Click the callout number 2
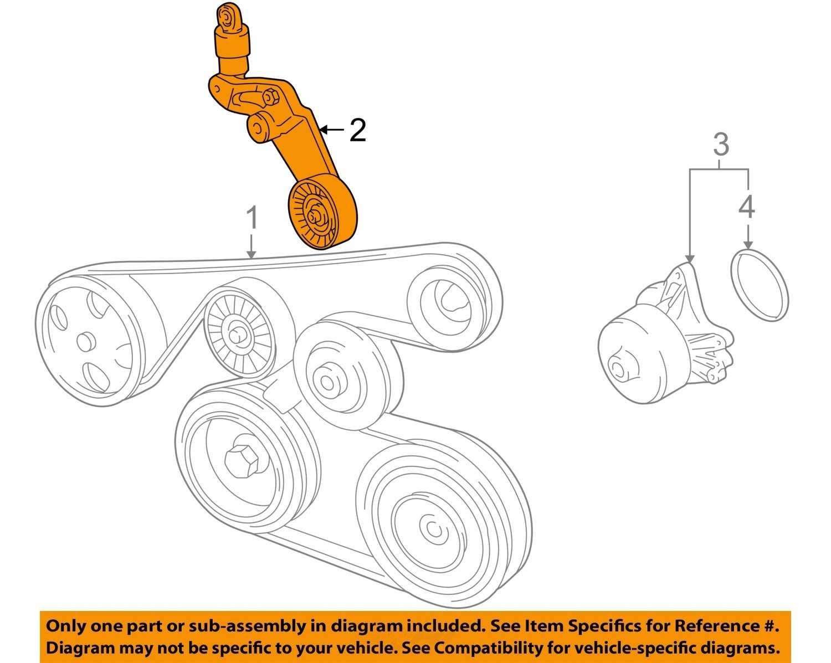pos(358,131)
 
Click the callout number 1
pos(252,219)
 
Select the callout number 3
pos(720,145)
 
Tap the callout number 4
pos(747,208)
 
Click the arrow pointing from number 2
pos(332,130)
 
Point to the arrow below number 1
pos(252,246)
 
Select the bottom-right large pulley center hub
pos(433,531)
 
